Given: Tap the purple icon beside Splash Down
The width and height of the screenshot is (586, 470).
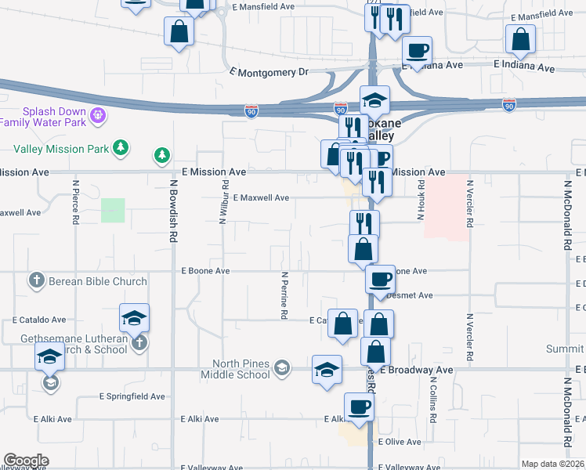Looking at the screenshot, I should [x=98, y=117].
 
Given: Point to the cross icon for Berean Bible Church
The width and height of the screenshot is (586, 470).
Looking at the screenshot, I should [x=36, y=280].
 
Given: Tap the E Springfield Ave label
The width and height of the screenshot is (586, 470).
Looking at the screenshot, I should [x=132, y=396].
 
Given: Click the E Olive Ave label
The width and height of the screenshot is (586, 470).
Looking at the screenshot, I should [x=399, y=443].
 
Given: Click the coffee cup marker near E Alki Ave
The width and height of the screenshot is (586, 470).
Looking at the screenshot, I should [x=360, y=407].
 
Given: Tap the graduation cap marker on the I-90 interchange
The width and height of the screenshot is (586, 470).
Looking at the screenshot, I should [x=374, y=99].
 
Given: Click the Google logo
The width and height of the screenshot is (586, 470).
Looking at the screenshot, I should [x=26, y=461].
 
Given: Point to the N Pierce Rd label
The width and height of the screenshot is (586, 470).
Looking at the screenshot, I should [x=76, y=204].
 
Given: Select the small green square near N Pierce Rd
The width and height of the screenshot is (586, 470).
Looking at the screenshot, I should [x=113, y=210].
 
